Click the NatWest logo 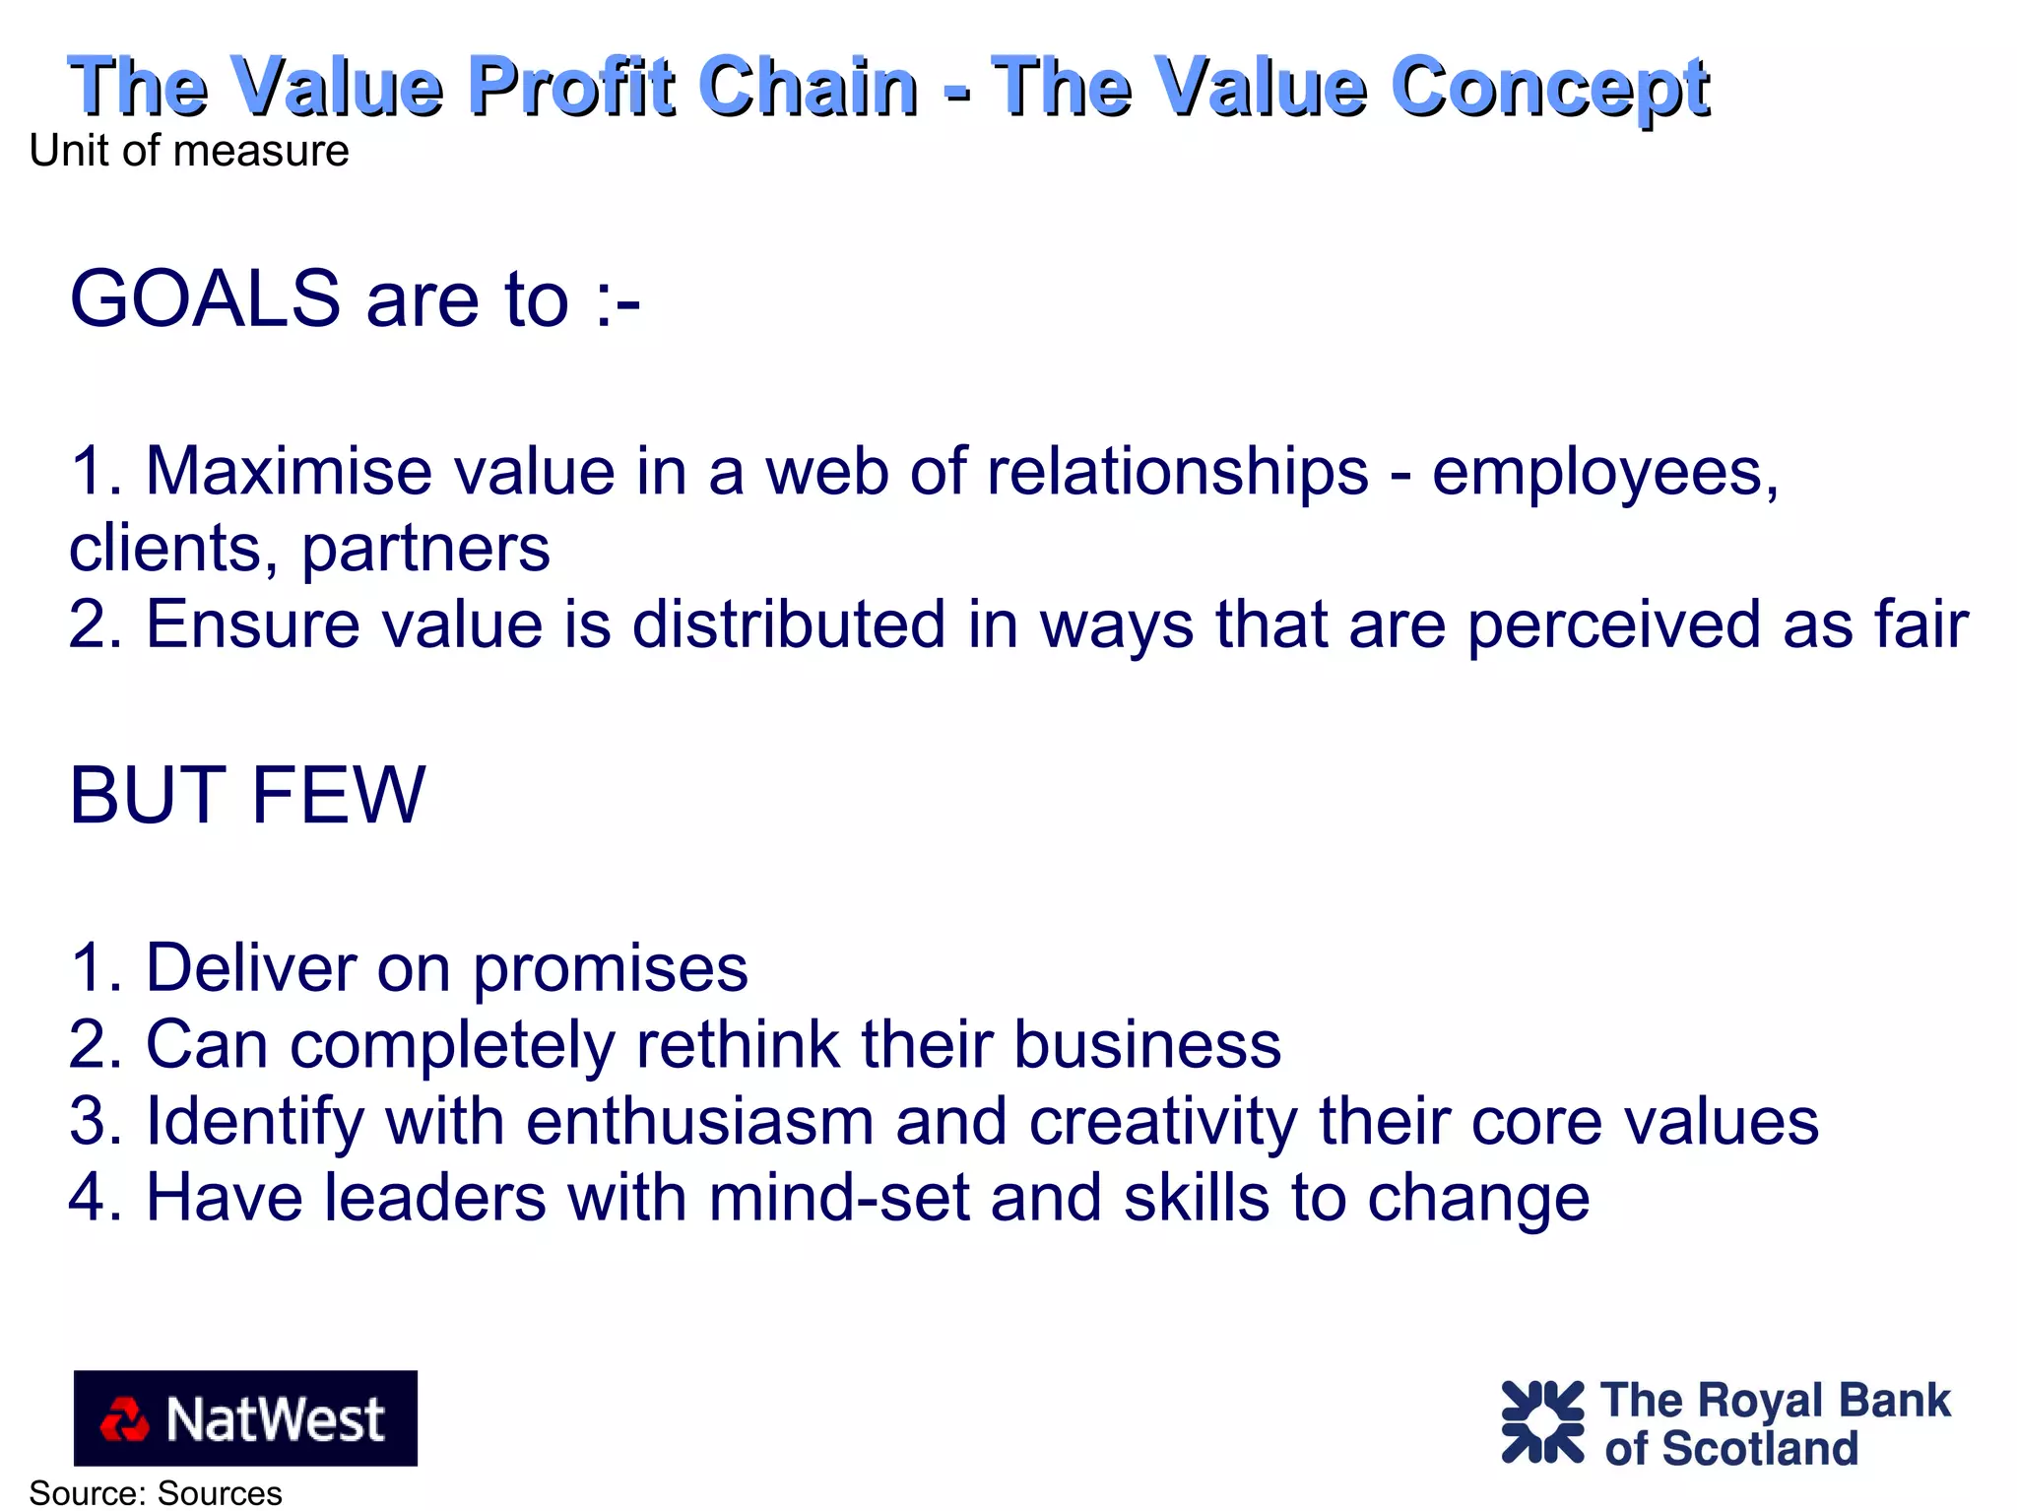(245, 1417)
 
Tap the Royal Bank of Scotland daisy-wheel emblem (1542, 1421)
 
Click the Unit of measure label (189, 151)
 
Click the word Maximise (289, 471)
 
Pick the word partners (425, 549)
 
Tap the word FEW (338, 795)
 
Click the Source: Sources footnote (156, 1493)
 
